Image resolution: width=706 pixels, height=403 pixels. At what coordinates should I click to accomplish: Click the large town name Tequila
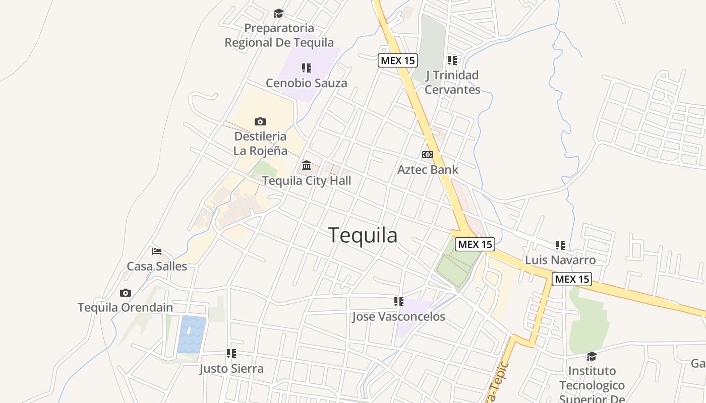click(363, 235)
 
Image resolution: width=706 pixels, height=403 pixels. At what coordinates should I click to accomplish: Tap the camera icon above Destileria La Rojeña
click(260, 121)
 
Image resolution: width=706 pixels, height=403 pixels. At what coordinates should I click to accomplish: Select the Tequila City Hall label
click(307, 180)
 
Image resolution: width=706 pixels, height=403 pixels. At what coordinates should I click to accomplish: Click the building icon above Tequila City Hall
click(307, 165)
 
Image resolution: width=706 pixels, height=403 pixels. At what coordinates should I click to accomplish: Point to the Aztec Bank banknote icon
click(428, 155)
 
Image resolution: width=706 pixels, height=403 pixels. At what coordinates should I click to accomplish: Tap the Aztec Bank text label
click(428, 169)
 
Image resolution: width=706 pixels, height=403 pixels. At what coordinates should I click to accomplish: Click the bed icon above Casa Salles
click(157, 251)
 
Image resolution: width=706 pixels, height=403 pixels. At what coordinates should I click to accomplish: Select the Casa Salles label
click(157, 266)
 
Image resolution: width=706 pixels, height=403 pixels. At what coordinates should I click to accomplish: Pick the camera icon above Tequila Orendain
click(126, 293)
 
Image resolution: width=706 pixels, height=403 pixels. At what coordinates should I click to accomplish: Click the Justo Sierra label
click(231, 368)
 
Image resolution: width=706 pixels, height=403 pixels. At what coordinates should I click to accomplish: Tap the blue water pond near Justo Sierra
click(192, 334)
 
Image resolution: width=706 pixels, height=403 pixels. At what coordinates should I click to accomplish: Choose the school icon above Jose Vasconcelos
click(399, 302)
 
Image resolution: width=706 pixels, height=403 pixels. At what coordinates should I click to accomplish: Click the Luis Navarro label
click(560, 260)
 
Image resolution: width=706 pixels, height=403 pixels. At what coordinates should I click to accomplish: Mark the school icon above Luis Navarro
click(560, 245)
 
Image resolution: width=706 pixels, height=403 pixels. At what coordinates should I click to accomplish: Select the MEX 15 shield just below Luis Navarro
click(571, 279)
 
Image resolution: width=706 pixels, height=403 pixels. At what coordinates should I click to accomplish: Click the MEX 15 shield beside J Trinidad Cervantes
click(398, 60)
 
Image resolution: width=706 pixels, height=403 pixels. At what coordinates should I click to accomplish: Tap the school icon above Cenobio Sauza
click(307, 68)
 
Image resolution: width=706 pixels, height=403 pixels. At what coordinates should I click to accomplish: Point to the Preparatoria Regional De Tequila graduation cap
click(279, 13)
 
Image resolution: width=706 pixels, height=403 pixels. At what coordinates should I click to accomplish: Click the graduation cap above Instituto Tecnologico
click(592, 356)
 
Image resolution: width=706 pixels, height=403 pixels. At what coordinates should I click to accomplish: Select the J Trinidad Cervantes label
click(452, 82)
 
